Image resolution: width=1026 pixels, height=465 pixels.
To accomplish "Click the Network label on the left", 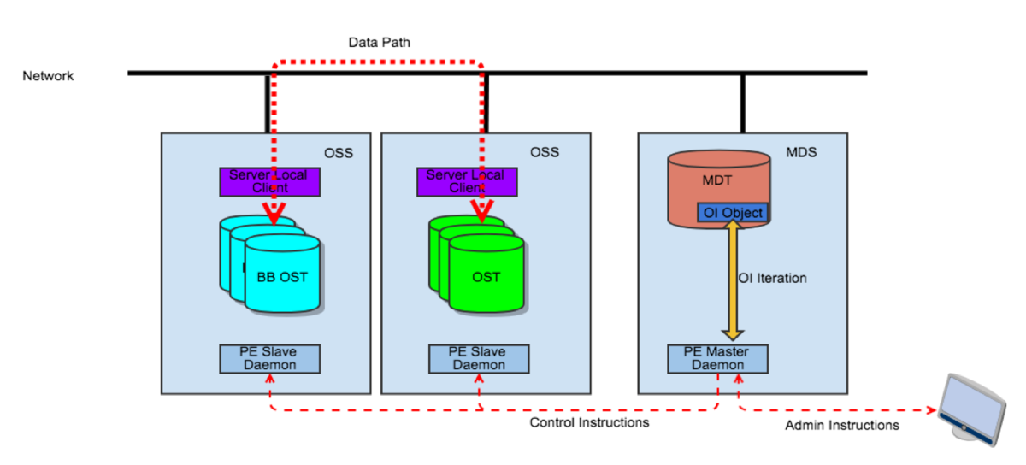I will coord(48,76).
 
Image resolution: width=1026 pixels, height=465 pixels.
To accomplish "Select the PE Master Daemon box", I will coord(717,358).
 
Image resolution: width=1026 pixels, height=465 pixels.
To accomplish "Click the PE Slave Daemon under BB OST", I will coord(269,358).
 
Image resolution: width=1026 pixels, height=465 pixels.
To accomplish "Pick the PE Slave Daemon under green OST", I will coord(478,358).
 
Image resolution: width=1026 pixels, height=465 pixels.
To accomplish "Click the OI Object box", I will coord(732,212).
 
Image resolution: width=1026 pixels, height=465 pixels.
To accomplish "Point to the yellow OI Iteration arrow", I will coord(732,282).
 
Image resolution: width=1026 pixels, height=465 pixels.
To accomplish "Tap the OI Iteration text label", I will coord(772,278).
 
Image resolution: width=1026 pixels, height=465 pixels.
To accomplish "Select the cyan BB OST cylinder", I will coord(282,275).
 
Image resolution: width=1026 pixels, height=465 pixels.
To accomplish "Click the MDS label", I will coord(801,152).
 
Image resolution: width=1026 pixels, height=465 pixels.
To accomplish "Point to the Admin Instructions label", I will coord(842,425).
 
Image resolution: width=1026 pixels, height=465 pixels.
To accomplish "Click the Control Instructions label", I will coord(589,422).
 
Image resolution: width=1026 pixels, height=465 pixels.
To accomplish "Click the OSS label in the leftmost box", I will coord(338,152).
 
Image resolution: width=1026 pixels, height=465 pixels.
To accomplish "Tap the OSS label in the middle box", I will coord(545,152).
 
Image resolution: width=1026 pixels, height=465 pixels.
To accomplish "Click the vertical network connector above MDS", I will coord(742,103).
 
